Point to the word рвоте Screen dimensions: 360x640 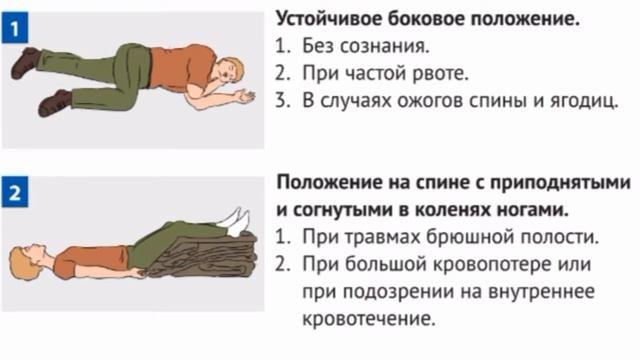[x=413, y=73]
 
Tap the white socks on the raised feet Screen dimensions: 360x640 [x=236, y=220]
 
